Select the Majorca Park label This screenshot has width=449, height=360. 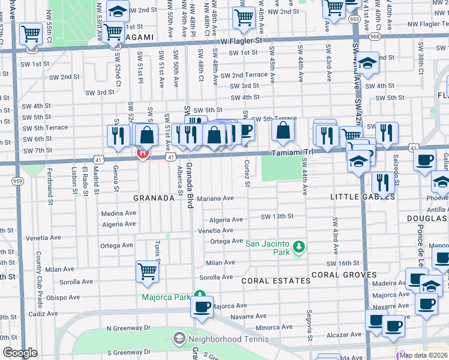pyautogui.click(x=166, y=297)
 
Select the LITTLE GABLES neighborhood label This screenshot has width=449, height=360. pyautogui.click(x=354, y=197)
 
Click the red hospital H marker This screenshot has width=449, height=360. pyautogui.click(x=143, y=153)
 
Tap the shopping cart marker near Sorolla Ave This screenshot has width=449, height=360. pyautogui.click(x=147, y=272)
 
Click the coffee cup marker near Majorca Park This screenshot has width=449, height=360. pyautogui.click(x=202, y=307)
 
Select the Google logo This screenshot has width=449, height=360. pyautogui.click(x=20, y=353)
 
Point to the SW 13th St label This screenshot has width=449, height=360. pyautogui.click(x=277, y=217)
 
